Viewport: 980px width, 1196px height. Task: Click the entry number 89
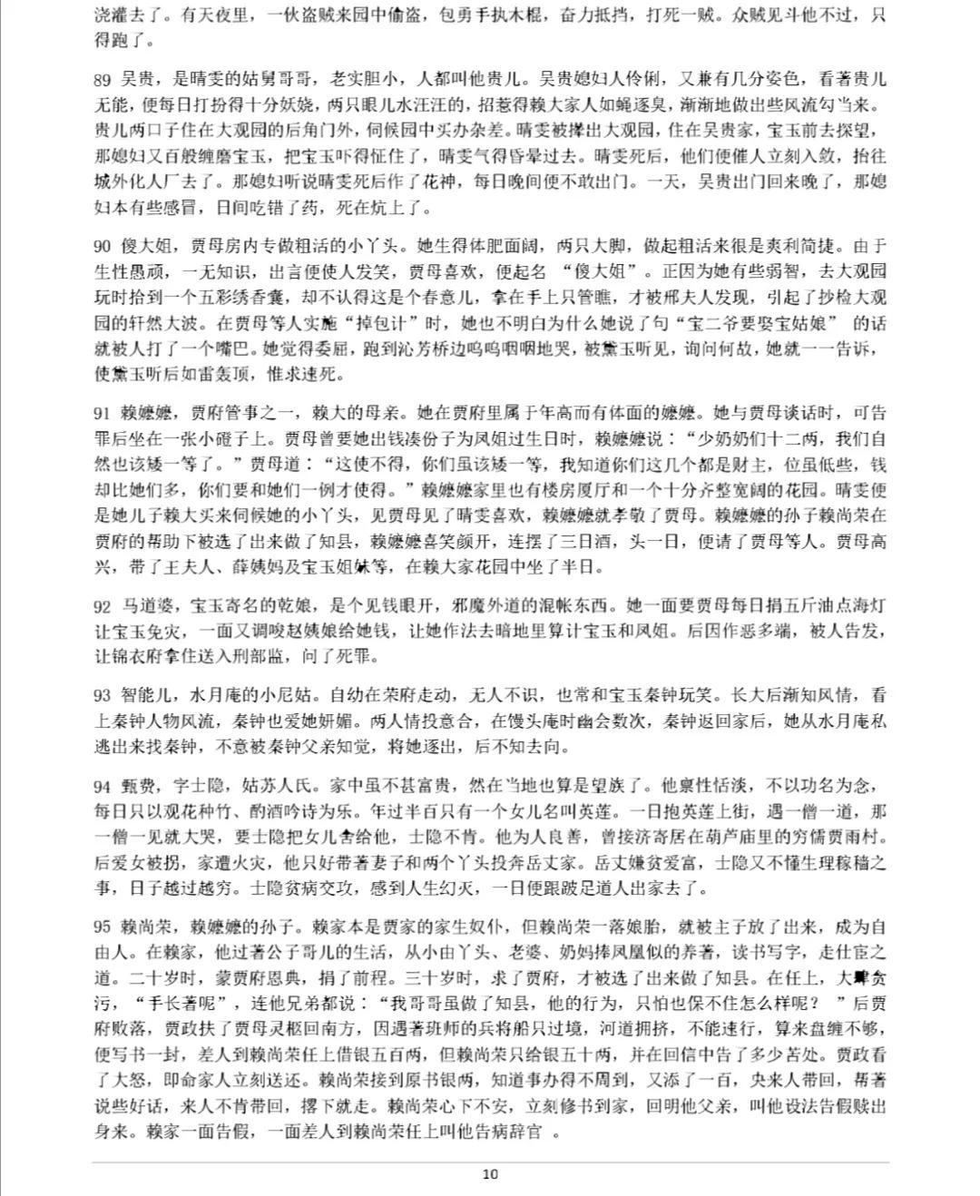click(x=102, y=79)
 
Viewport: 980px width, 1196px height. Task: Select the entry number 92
click(x=102, y=606)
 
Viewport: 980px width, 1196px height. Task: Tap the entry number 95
click(x=102, y=927)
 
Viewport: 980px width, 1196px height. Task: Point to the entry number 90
click(x=102, y=246)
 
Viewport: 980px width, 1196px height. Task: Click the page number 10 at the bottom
click(x=490, y=1173)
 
